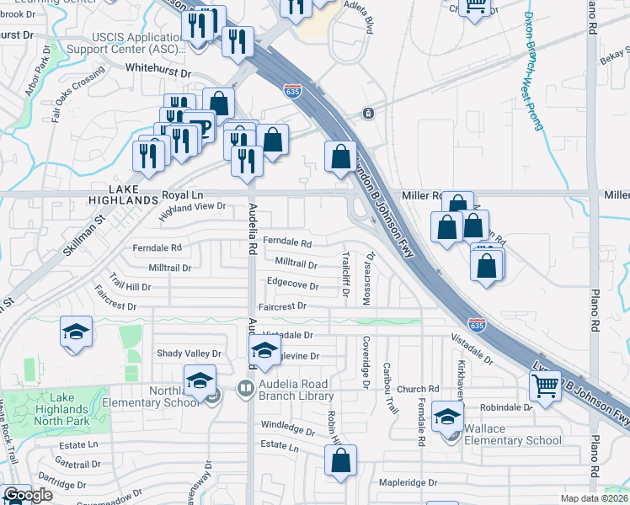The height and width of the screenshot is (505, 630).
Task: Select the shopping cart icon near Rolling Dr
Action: tap(546, 386)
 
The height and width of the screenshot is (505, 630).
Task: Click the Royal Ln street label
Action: tap(184, 194)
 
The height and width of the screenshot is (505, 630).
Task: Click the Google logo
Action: tap(28, 496)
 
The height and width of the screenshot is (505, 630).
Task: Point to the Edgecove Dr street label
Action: tap(292, 285)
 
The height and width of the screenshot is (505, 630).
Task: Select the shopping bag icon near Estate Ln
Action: tap(340, 461)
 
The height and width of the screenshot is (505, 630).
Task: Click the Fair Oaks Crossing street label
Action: tap(77, 99)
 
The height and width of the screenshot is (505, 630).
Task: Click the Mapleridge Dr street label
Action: tap(408, 483)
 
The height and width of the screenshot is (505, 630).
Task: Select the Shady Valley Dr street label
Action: tap(189, 353)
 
